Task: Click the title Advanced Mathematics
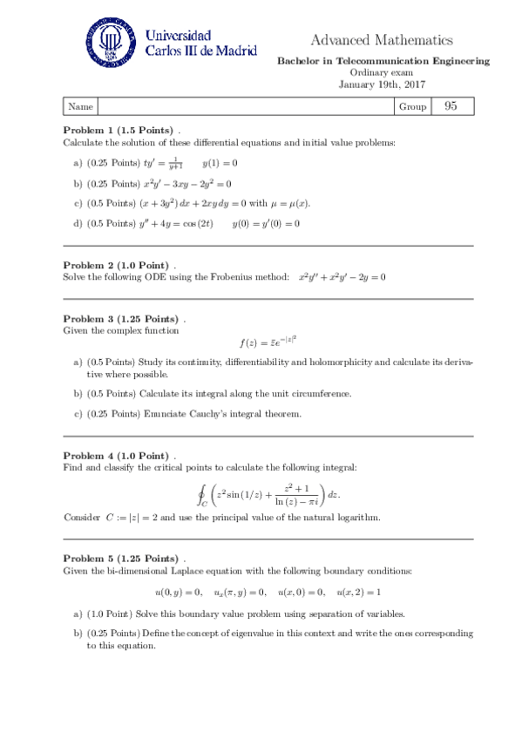(382, 40)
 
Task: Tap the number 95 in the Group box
(451, 106)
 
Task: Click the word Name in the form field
(80, 106)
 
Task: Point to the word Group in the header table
(412, 106)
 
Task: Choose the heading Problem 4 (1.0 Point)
(116, 456)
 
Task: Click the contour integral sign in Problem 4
(202, 495)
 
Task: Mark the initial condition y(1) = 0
(220, 163)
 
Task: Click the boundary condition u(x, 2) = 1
(358, 593)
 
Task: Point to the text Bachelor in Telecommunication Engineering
(383, 61)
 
